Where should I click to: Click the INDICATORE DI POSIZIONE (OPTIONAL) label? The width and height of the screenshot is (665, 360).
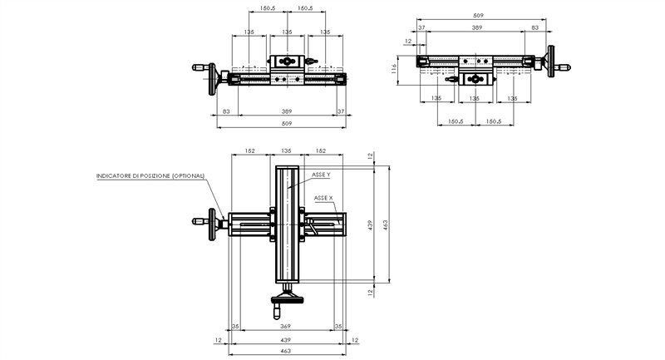coord(150,176)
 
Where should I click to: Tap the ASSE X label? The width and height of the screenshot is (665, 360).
coord(323,199)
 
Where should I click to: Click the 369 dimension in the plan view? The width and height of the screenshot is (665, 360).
coord(286,326)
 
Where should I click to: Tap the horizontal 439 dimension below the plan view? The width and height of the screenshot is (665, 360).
coord(286,340)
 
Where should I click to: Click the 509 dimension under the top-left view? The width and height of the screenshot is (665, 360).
coord(286,123)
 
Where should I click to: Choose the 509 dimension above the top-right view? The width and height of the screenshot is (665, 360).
coord(478,15)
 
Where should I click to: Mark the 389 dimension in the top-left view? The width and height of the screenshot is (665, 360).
coord(286,111)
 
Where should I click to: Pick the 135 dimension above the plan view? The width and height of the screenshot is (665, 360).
coord(286,151)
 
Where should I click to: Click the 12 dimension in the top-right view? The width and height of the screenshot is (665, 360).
coord(408,40)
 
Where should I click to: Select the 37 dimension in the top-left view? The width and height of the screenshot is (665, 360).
coord(341,111)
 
